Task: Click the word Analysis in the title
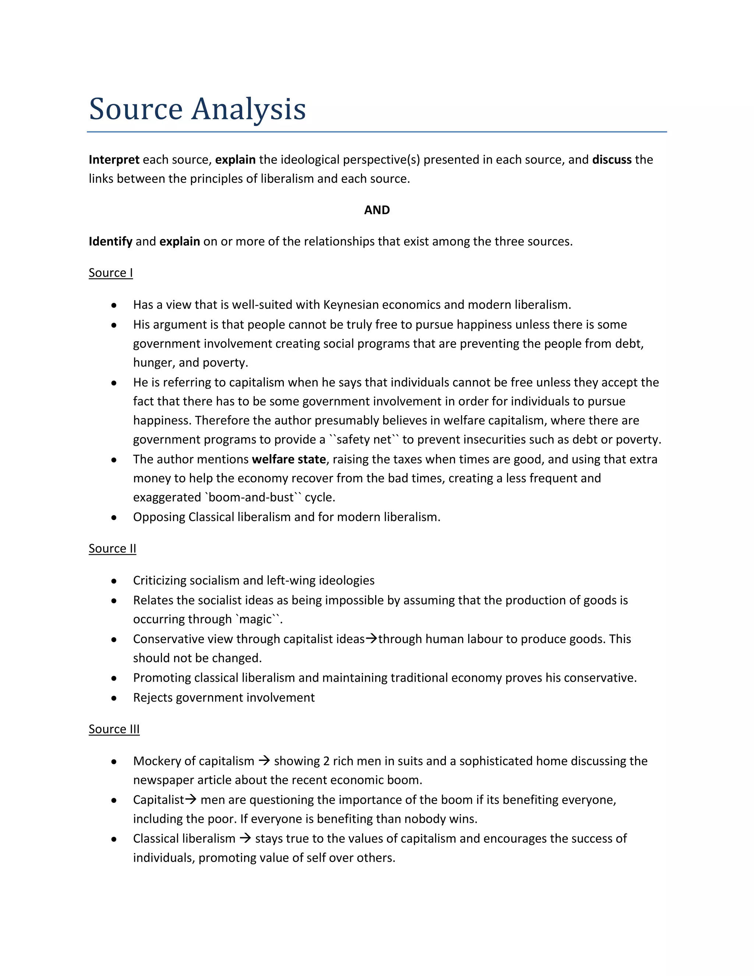coord(249,109)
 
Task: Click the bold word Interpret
coord(114,159)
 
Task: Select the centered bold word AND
coord(377,210)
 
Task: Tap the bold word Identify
coord(110,241)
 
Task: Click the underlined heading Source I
coord(111,273)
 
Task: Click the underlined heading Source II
coord(112,548)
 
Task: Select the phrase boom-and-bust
coord(251,497)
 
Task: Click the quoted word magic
coord(256,619)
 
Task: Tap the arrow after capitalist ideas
coord(371,639)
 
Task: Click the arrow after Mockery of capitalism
coord(264,761)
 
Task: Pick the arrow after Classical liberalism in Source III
coord(245,838)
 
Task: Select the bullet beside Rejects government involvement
coord(114,698)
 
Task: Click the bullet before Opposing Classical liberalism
coord(114,517)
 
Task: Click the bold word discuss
coord(612,159)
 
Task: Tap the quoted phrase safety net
coord(364,440)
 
